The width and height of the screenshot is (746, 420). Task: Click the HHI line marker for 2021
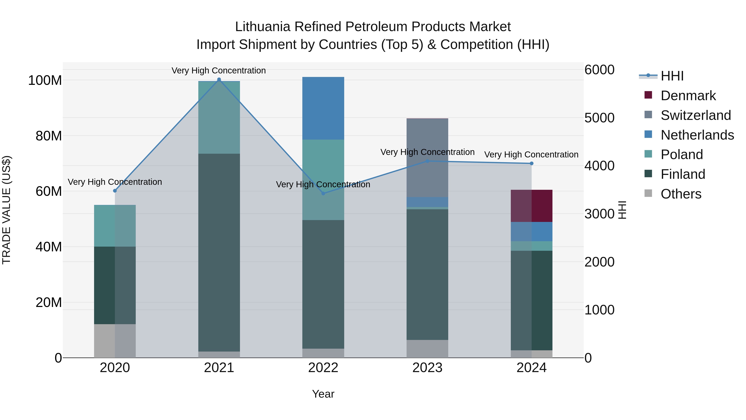click(219, 79)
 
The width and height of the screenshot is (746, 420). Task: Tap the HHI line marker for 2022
click(323, 193)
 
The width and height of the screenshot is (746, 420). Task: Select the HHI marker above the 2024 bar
click(531, 163)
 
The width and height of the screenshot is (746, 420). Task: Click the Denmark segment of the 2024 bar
click(531, 206)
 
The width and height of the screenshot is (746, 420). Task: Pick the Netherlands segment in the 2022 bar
click(323, 108)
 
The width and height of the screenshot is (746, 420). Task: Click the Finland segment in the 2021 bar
click(219, 252)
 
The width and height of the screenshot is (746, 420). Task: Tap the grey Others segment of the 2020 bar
click(115, 341)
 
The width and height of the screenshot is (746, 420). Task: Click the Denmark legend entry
click(688, 96)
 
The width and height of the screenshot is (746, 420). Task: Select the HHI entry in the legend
click(672, 76)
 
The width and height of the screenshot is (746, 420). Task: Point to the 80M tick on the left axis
click(49, 136)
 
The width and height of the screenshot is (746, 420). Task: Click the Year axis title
click(323, 394)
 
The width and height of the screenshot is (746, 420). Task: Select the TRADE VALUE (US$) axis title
click(6, 210)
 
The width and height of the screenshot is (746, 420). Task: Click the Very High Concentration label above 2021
click(219, 71)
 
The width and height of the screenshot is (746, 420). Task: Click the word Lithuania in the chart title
click(262, 27)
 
